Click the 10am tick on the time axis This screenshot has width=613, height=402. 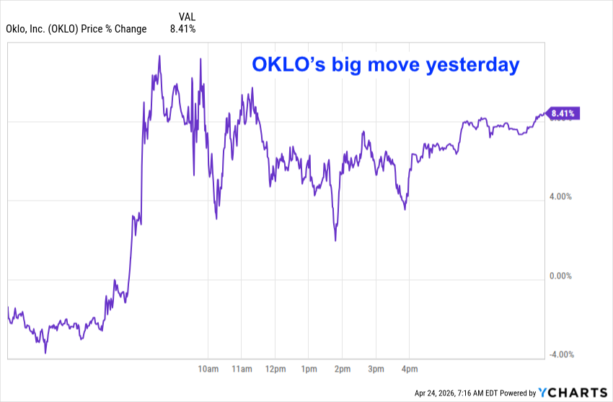[x=208, y=370]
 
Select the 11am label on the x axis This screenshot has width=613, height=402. [x=242, y=370]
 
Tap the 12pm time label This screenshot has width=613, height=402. [x=275, y=370]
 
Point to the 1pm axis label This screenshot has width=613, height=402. [x=309, y=370]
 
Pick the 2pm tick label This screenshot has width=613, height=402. [x=342, y=370]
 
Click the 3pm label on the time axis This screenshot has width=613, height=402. [x=375, y=370]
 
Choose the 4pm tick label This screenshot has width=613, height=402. [x=409, y=370]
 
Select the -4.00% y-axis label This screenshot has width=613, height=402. [x=561, y=354]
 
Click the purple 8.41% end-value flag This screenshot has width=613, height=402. [x=563, y=113]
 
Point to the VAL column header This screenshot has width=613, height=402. [x=187, y=16]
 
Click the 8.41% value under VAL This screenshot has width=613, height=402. [x=182, y=29]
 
